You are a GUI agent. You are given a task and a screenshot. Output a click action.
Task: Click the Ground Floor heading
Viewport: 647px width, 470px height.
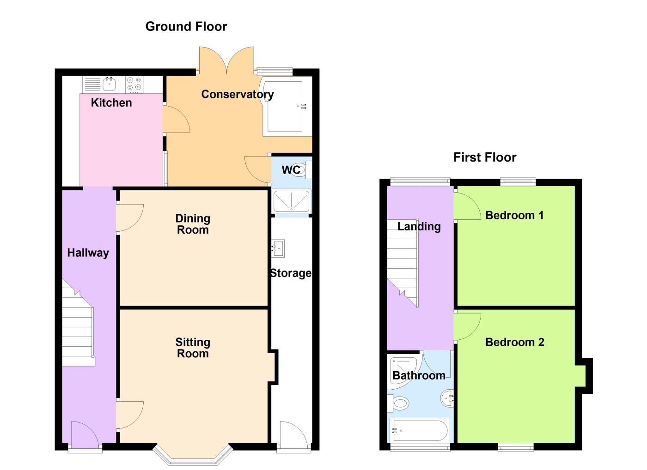click(x=186, y=26)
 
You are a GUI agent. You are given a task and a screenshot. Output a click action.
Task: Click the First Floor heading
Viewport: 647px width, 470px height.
click(x=484, y=157)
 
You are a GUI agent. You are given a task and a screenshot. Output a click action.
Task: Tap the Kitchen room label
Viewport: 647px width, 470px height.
click(x=111, y=102)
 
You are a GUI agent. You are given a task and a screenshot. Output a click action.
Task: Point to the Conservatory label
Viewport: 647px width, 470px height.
click(x=237, y=94)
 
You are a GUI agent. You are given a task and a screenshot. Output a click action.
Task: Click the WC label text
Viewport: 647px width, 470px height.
click(x=291, y=170)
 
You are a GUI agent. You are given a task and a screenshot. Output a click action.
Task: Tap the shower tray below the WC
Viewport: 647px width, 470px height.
click(x=292, y=202)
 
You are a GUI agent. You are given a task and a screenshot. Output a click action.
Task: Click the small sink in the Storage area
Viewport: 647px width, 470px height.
click(x=279, y=248)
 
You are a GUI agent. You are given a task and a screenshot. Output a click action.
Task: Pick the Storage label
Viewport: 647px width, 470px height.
click(x=291, y=273)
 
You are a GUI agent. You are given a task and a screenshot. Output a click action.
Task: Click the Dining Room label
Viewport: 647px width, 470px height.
click(x=193, y=224)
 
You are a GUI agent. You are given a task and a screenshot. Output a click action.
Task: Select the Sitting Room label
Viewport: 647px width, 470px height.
click(x=193, y=348)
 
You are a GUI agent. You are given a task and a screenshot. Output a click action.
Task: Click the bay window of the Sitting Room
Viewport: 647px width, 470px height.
click(x=192, y=456)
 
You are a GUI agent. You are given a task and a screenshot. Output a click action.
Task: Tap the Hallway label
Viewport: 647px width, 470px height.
click(x=88, y=253)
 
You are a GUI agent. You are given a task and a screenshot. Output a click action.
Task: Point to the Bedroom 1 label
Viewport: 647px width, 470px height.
click(x=514, y=215)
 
